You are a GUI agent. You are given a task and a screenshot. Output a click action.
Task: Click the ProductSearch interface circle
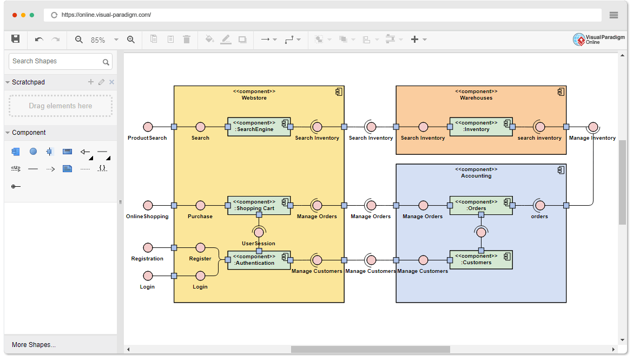coord(148,127)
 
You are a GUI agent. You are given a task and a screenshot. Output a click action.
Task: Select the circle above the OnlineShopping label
coord(148,206)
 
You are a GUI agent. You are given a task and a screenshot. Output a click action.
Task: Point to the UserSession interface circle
coord(259,233)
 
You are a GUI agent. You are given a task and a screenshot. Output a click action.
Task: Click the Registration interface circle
coord(148,247)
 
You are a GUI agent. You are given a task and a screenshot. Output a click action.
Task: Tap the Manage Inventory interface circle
coord(593,127)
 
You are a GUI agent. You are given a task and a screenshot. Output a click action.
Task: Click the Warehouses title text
coord(476,98)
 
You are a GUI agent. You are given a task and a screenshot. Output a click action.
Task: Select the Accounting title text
coord(476,176)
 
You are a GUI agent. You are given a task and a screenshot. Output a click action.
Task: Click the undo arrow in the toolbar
coord(39,40)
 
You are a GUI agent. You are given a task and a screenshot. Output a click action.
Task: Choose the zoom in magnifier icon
coord(130,40)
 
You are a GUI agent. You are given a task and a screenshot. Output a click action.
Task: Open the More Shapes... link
coord(34,344)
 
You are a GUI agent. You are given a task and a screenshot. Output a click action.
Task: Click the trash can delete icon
coord(187,40)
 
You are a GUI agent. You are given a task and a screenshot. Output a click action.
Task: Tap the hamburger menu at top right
coord(614,15)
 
